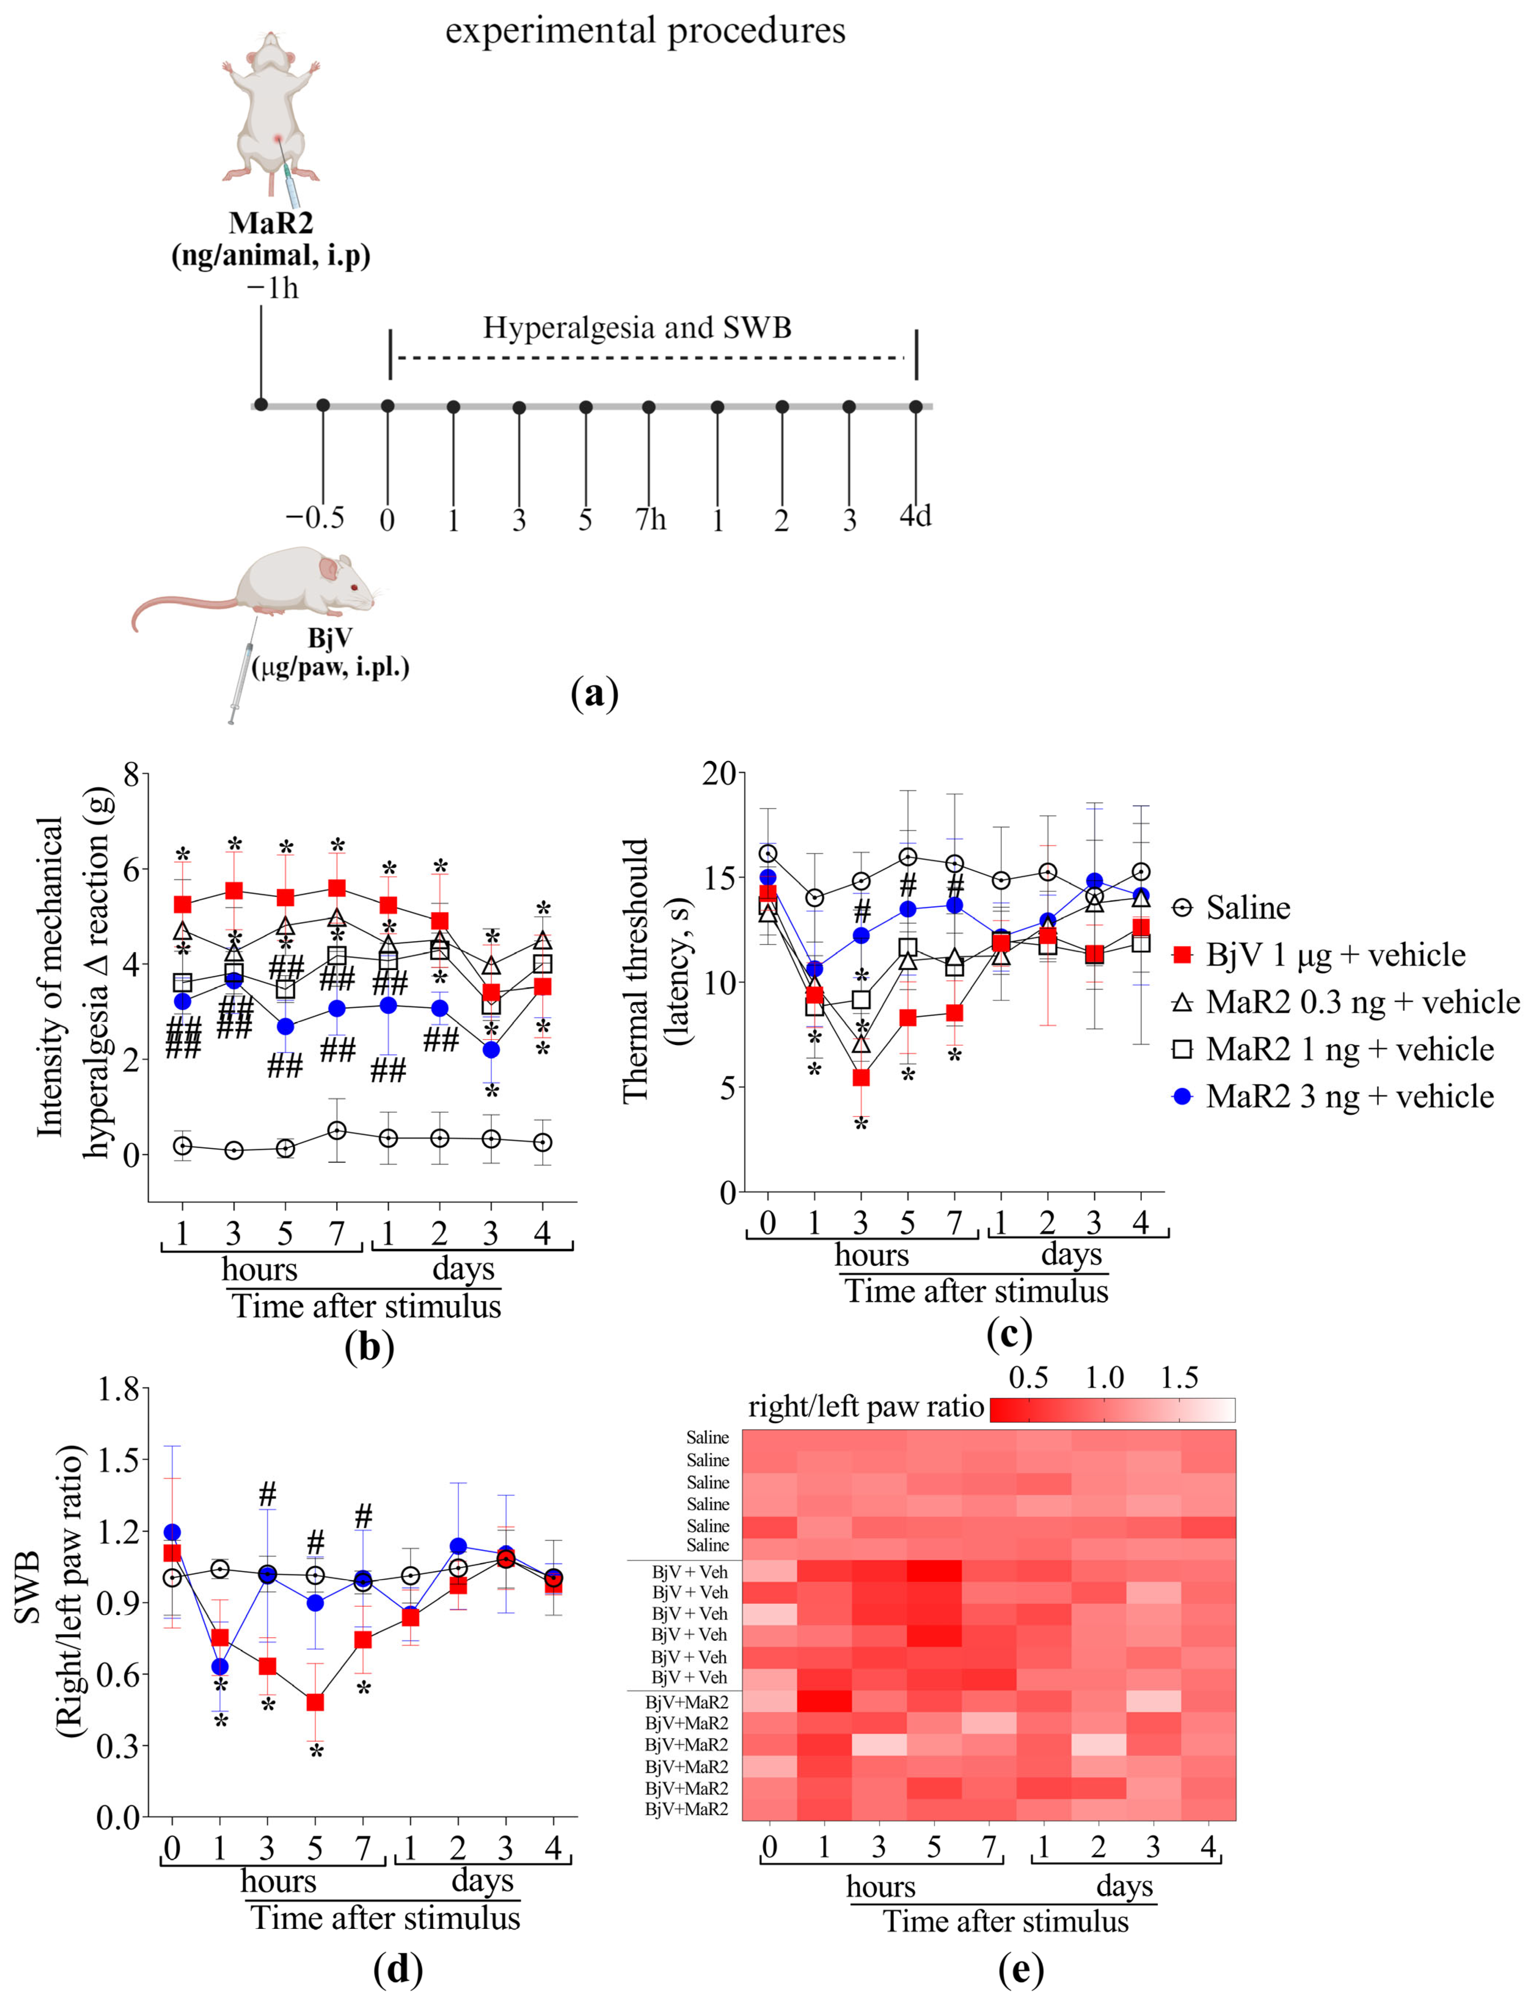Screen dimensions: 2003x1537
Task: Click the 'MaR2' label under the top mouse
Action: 271,223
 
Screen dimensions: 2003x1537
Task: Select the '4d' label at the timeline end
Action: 915,516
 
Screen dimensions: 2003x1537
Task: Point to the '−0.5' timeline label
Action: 315,518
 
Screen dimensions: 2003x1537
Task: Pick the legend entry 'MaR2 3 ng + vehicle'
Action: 1350,1096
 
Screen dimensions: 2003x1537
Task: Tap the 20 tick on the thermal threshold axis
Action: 719,773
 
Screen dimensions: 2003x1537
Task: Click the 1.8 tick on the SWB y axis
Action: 118,1390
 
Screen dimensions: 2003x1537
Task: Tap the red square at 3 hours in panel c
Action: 861,1078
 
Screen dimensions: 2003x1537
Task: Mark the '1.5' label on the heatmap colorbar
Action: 1179,1378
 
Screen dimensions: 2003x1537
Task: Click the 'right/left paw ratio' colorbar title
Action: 865,1407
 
